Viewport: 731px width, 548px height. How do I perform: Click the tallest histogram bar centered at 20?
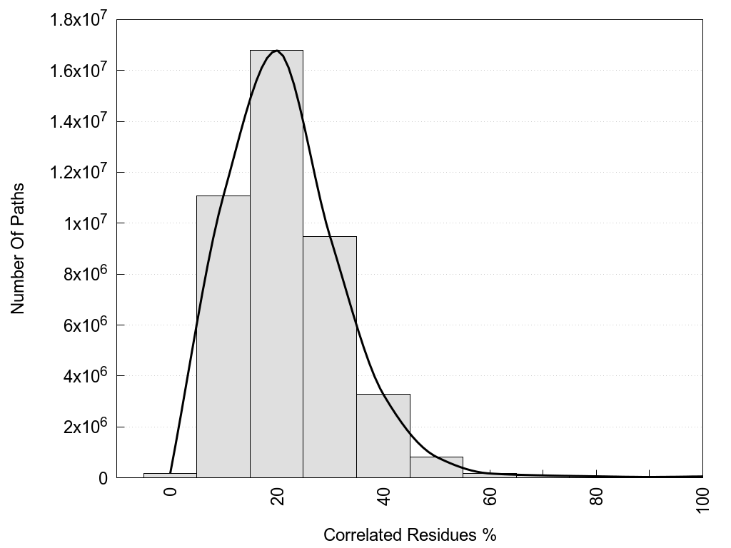pyautogui.click(x=276, y=264)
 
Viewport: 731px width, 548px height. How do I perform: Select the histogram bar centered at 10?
pyautogui.click(x=223, y=336)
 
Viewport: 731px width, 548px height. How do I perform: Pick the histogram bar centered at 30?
pyautogui.click(x=330, y=357)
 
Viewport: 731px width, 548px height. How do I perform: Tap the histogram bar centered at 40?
pyautogui.click(x=383, y=435)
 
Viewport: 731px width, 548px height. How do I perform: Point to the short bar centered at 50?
pyautogui.click(x=436, y=467)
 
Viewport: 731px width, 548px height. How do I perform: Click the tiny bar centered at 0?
pyautogui.click(x=170, y=475)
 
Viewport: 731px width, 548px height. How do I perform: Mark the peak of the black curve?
pyautogui.click(x=277, y=51)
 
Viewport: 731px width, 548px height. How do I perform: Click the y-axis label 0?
pyautogui.click(x=103, y=478)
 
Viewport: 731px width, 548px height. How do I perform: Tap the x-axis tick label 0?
pyautogui.click(x=171, y=492)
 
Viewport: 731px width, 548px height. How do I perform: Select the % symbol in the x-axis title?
pyautogui.click(x=490, y=534)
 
